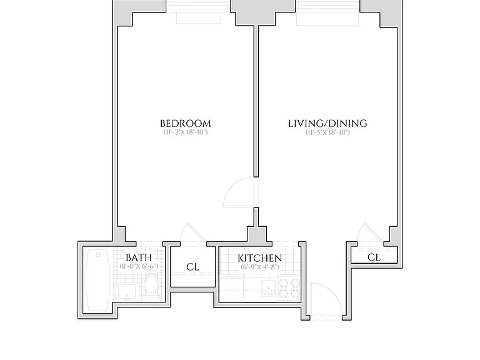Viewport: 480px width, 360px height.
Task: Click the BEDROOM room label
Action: pos(186,124)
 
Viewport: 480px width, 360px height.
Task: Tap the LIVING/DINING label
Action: pos(327,124)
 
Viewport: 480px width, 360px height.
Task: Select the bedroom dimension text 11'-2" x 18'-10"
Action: pos(186,132)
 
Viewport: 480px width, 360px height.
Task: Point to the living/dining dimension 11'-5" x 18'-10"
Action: pos(327,132)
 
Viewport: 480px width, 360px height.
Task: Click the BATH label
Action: pos(139,257)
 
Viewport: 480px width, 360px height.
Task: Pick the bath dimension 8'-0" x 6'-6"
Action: pos(139,266)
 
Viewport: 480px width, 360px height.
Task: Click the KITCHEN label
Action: pos(260,258)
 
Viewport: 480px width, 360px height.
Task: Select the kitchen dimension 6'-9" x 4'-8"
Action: pos(260,267)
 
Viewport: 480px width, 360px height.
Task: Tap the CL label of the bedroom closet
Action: pos(193,267)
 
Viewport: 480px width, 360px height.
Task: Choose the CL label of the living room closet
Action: pos(374,257)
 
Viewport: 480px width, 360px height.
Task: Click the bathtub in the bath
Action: pos(98,280)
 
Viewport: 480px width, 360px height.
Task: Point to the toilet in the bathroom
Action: pos(151,284)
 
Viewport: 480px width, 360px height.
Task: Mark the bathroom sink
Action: pos(127,291)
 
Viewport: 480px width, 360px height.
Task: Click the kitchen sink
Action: pos(269,287)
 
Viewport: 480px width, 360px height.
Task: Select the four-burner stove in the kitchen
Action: pos(289,288)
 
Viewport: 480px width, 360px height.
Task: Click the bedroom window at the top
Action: pos(198,12)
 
